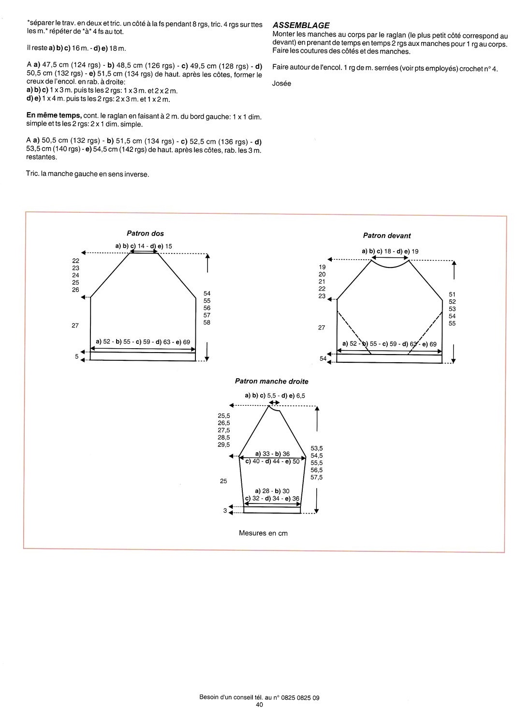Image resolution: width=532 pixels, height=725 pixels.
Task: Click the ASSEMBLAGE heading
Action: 301,25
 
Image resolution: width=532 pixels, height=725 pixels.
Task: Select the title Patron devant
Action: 387,236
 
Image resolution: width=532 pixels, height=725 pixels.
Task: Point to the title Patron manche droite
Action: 271,381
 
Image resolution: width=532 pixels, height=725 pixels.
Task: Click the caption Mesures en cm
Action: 263,533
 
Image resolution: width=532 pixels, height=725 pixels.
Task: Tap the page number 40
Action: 259,705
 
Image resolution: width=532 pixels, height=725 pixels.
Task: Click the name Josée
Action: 282,83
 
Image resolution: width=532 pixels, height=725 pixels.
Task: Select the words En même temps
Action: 54,117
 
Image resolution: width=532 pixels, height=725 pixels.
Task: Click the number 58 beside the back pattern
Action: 207,322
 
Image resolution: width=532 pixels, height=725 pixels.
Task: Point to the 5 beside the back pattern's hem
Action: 76,356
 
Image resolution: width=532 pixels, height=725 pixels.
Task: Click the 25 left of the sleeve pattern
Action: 223,481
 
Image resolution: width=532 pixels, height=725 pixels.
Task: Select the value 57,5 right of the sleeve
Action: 317,477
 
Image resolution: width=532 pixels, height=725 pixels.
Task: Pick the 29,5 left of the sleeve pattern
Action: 224,444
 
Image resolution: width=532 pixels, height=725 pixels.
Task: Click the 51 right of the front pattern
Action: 452,294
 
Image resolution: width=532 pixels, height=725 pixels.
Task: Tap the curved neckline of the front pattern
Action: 390,265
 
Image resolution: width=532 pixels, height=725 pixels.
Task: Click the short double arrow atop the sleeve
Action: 274,402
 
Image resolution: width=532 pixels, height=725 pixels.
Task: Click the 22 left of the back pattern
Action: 75,261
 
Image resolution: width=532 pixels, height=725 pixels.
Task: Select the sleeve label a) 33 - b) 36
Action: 272,454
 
